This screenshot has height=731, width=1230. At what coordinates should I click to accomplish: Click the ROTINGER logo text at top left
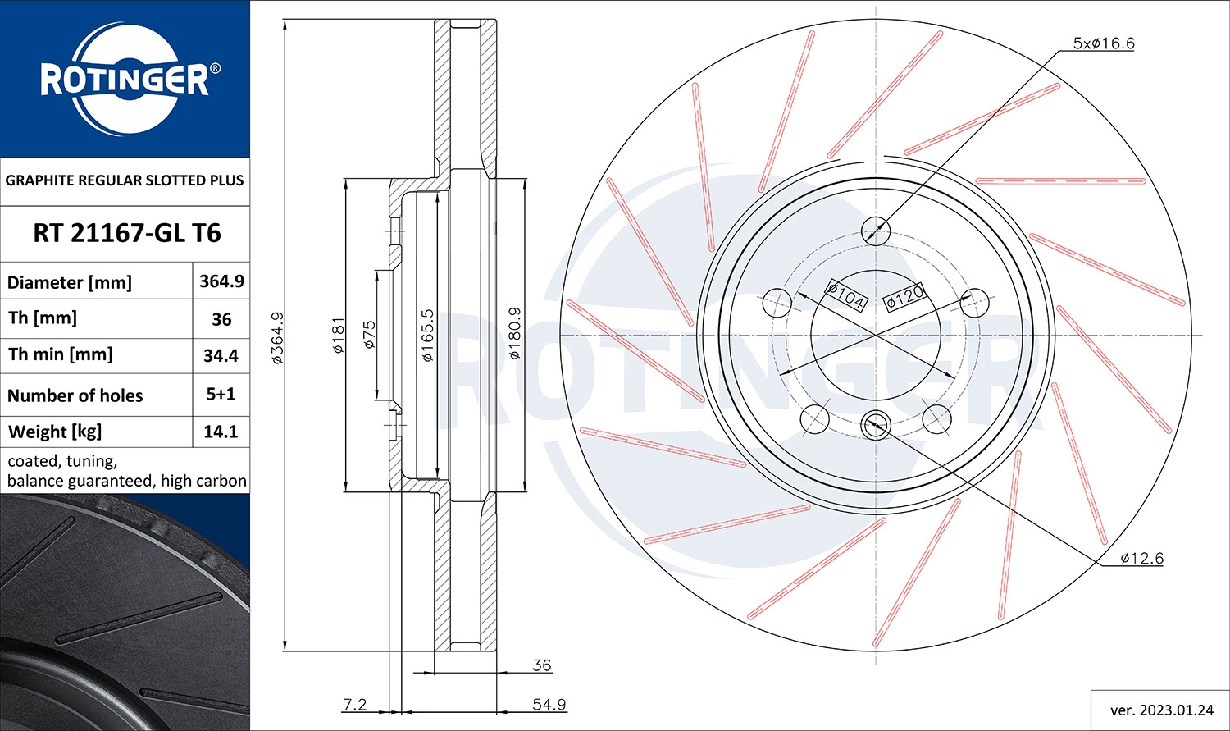coord(125,80)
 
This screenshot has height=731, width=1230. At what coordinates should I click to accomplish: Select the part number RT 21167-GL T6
coord(126,233)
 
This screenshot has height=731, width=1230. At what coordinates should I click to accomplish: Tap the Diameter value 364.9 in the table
coord(221,281)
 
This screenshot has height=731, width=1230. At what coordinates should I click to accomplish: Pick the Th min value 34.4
coord(221,355)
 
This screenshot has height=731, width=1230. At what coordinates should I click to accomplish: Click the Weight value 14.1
coord(221,432)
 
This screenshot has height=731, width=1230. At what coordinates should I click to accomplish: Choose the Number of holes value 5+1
coord(221,394)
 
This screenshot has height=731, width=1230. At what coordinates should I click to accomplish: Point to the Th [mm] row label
coord(43,318)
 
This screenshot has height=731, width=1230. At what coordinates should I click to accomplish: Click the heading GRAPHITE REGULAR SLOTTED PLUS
coord(125,180)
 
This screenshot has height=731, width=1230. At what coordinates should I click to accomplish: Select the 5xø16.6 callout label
coord(1103,43)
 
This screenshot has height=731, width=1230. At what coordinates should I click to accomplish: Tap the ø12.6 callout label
coord(1141,559)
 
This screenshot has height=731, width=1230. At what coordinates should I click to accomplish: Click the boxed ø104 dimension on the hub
coord(845,295)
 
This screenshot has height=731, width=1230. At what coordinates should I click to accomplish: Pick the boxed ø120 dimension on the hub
coord(904,296)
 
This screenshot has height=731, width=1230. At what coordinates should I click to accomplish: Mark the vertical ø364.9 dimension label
coord(277,337)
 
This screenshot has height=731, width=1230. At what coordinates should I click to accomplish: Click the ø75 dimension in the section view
coord(370,335)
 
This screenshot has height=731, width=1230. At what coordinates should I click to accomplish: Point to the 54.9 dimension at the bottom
coord(549,704)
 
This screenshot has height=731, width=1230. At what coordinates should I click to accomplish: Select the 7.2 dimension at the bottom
coord(354,704)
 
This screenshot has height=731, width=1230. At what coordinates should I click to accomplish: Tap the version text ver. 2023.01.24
coord(1161,710)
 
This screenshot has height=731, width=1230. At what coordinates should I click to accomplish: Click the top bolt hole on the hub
coord(876,231)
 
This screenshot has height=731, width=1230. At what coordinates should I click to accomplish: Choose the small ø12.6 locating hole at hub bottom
coord(875,425)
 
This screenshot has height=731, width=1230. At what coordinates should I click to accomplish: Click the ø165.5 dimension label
coord(427,336)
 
